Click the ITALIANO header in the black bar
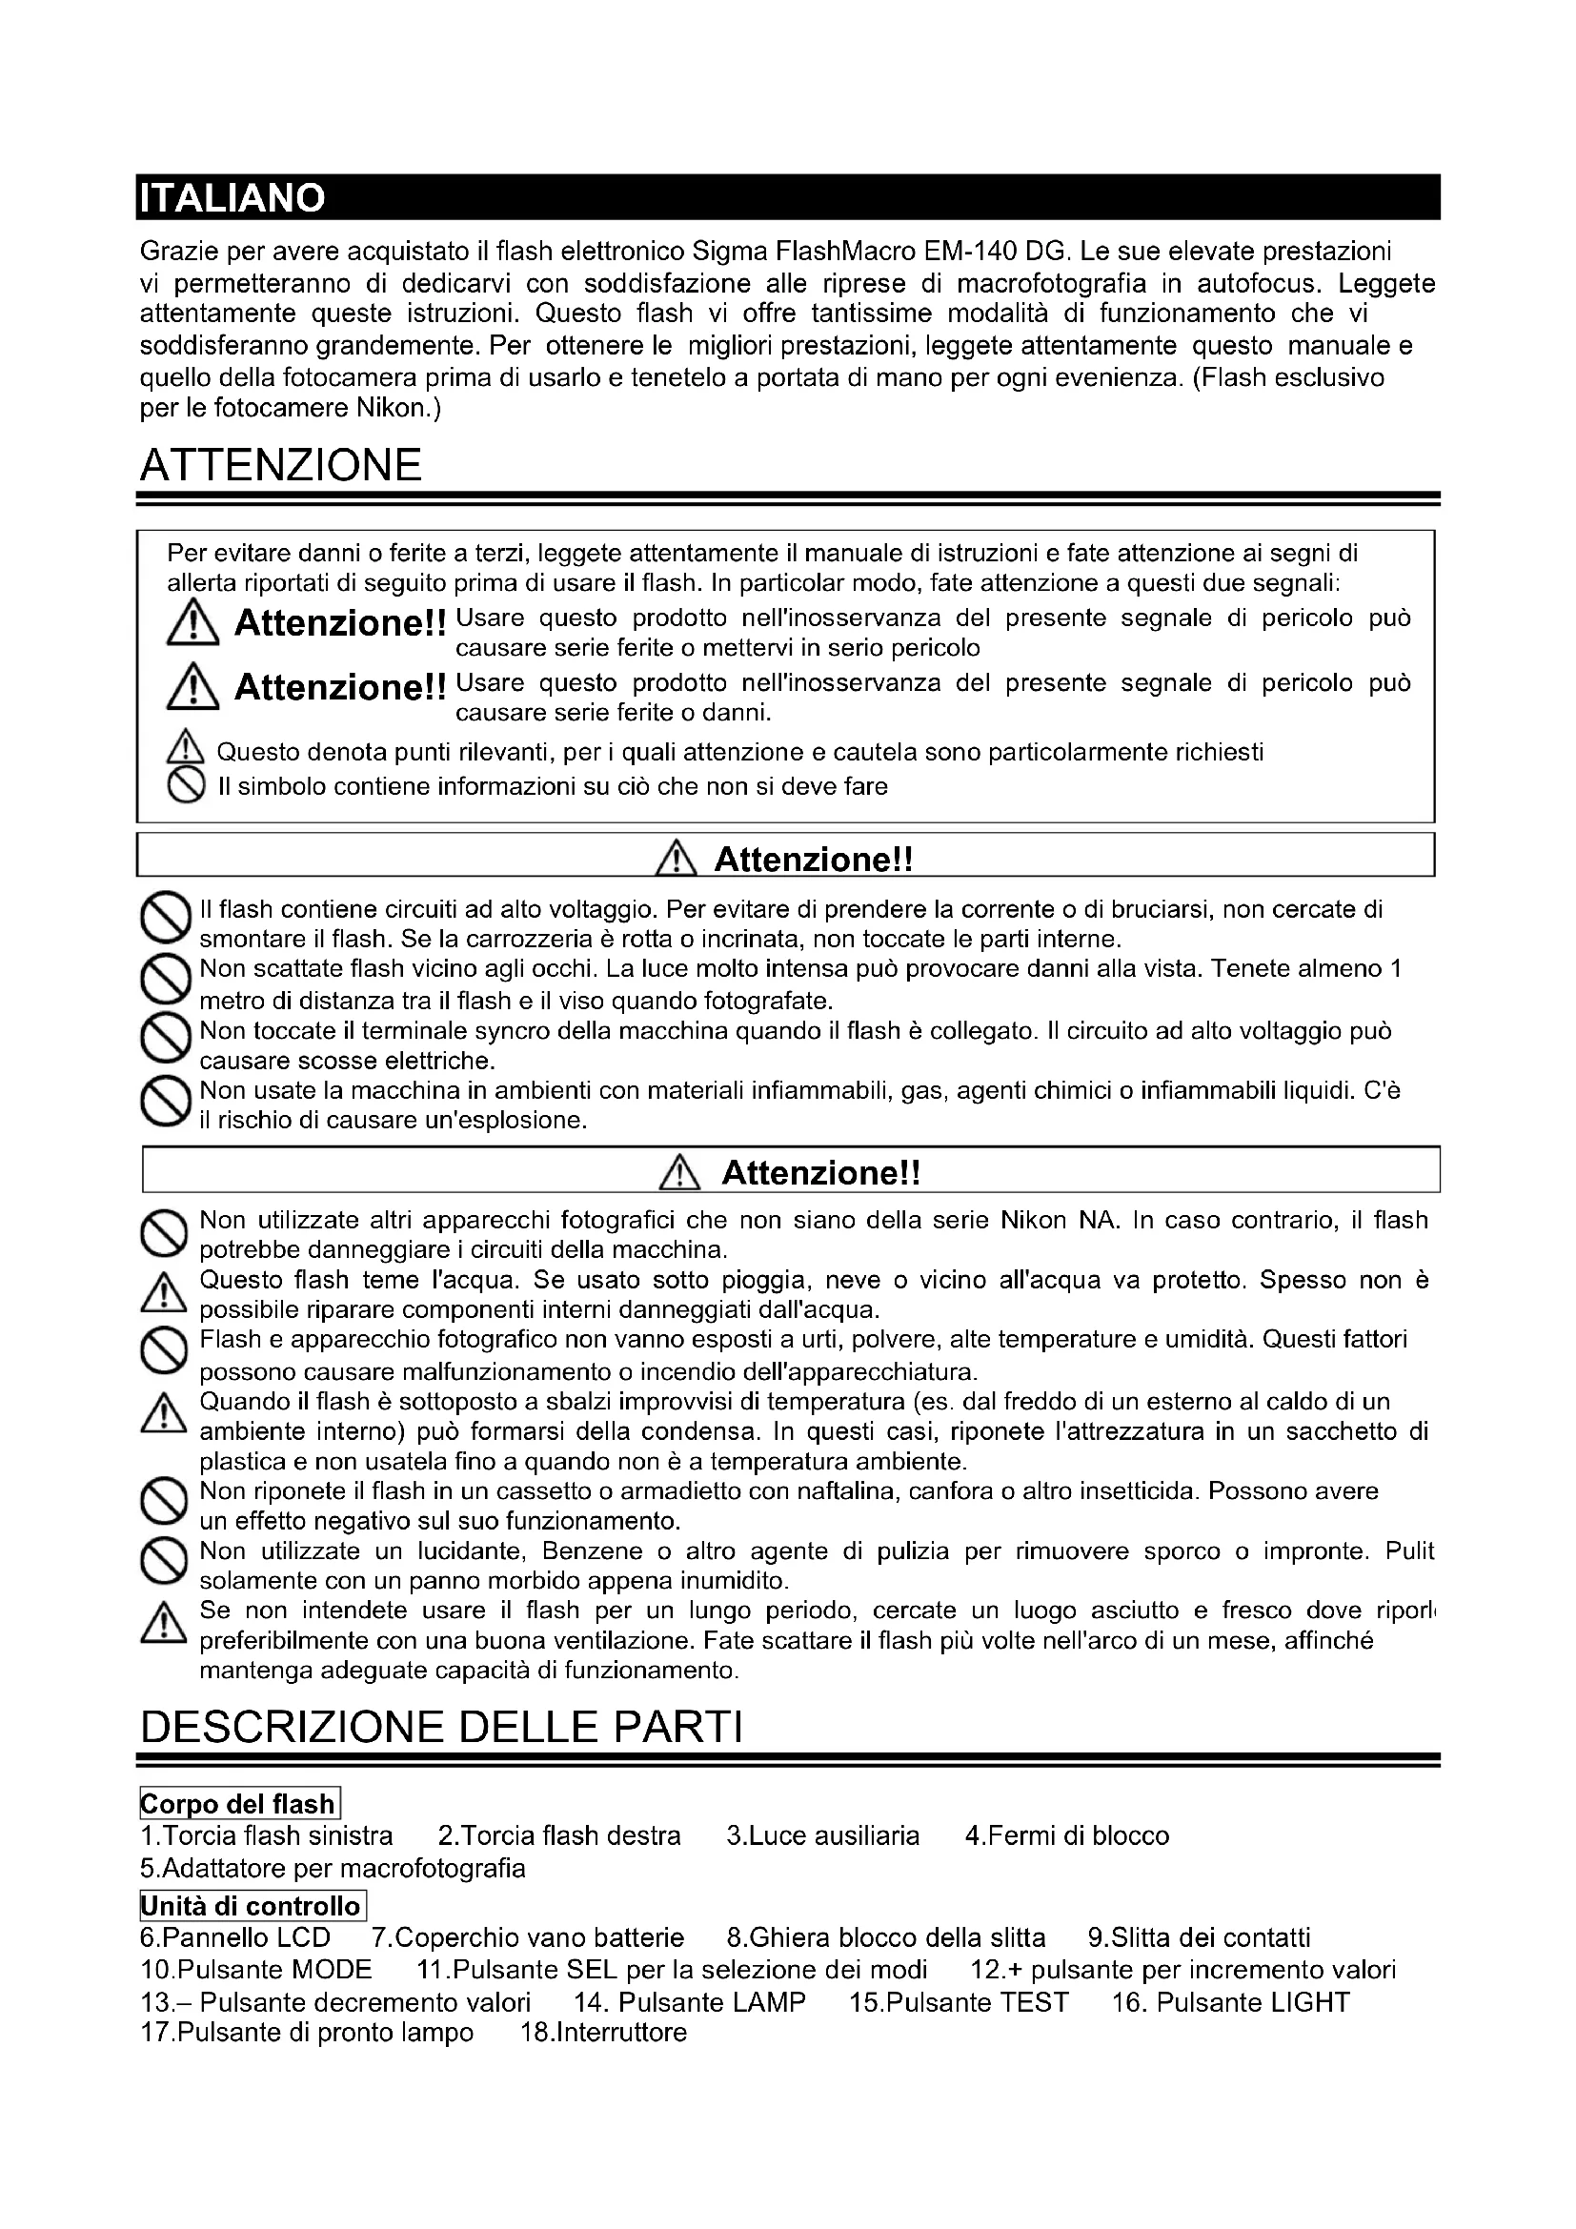pos(232,198)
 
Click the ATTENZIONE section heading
pos(280,465)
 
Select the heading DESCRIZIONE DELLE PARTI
pos(441,1727)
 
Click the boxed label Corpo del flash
pos(239,1804)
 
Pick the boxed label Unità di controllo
pos(252,1906)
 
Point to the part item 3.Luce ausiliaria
pos(822,1835)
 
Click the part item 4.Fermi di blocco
pos(1066,1835)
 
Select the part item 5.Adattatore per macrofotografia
pos(332,1868)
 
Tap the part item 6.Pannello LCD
pos(234,1937)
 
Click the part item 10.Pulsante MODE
pos(256,1970)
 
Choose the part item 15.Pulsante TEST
pos(958,2002)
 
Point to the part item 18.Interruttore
pos(602,2032)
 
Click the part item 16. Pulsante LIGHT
pos(1229,2002)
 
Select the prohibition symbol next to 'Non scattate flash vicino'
pos(164,980)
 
